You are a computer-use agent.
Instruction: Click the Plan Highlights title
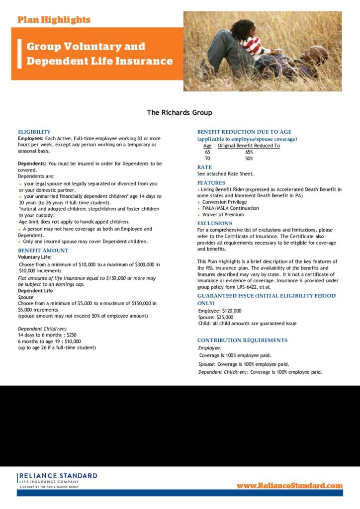point(54,20)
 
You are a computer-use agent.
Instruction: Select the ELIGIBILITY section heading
point(34,132)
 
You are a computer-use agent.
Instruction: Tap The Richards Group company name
point(180,112)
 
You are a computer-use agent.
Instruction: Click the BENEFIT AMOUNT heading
point(43,251)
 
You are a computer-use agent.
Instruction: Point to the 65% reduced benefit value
point(249,152)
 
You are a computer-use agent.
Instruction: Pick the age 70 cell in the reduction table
point(207,159)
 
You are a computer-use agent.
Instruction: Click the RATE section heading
point(204,168)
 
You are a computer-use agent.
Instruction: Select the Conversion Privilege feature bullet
point(224,202)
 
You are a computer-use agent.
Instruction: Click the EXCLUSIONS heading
point(215,224)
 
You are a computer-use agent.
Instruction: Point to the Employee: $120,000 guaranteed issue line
point(220,311)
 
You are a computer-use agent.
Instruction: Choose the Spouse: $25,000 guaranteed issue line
point(216,317)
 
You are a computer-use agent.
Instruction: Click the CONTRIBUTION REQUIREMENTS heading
point(242,340)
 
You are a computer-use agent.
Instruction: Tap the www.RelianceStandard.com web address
point(289,485)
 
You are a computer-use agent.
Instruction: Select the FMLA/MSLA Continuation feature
point(230,208)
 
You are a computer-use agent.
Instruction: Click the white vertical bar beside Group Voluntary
point(19,53)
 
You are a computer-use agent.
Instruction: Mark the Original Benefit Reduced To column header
point(249,146)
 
